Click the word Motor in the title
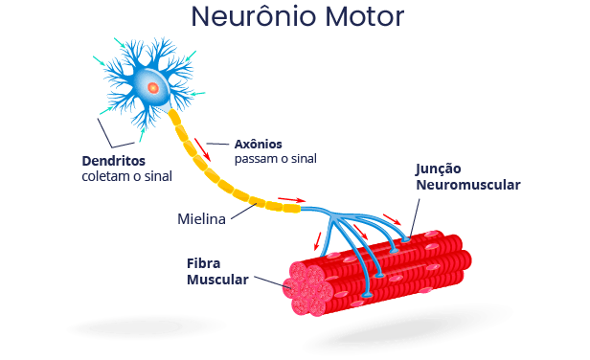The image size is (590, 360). pyautogui.click(x=365, y=16)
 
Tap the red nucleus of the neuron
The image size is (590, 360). pyautogui.click(x=153, y=88)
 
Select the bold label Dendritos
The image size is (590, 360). pyautogui.click(x=114, y=161)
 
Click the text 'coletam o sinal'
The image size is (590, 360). pyautogui.click(x=126, y=176)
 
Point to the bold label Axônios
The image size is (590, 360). pyautogui.click(x=259, y=144)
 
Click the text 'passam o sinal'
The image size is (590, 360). pyautogui.click(x=276, y=159)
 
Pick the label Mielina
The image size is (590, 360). pyautogui.click(x=201, y=219)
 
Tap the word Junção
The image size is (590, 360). pyautogui.click(x=439, y=169)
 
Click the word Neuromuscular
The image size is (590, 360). pyautogui.click(x=468, y=185)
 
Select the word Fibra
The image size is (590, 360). pyautogui.click(x=204, y=263)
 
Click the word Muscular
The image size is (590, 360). pyautogui.click(x=217, y=280)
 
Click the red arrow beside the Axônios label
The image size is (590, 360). pyautogui.click(x=202, y=149)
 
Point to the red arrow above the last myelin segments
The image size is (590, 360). pyautogui.click(x=292, y=200)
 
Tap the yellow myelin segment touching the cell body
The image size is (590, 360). pyautogui.click(x=174, y=118)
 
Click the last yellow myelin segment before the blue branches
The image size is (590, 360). pyautogui.click(x=292, y=208)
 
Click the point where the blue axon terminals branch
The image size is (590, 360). pyautogui.click(x=333, y=216)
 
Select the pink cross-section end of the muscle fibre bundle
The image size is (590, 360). pyautogui.click(x=307, y=288)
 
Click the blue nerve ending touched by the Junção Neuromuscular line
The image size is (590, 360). pyautogui.click(x=405, y=238)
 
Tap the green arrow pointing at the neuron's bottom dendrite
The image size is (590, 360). pyautogui.click(x=142, y=135)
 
